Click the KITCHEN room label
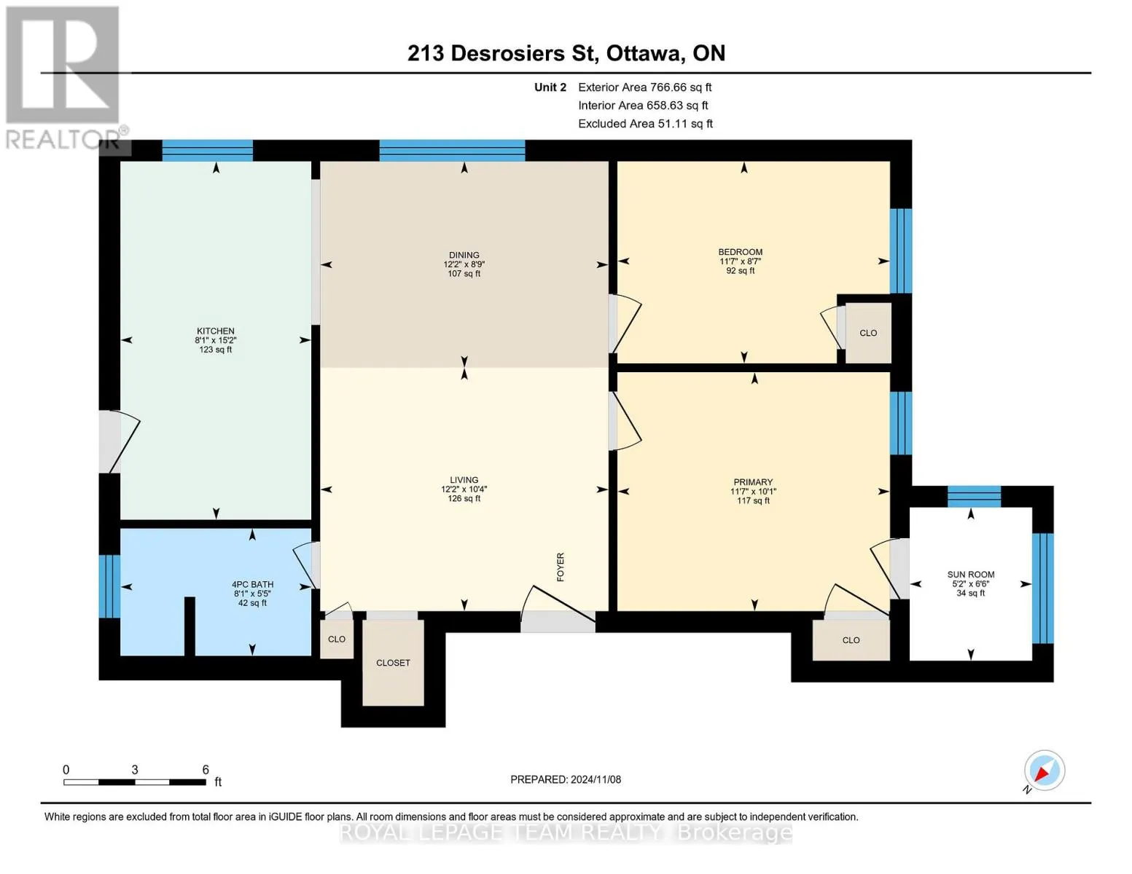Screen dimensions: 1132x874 click(215, 331)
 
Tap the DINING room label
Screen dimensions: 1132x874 click(464, 255)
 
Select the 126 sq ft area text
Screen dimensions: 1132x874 click(464, 498)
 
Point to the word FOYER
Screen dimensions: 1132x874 click(561, 567)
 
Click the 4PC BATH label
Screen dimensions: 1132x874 click(253, 585)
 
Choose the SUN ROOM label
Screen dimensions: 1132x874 click(970, 575)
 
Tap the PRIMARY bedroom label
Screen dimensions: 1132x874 click(753, 482)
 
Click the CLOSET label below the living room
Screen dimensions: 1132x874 click(393, 663)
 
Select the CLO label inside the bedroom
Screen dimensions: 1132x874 click(868, 333)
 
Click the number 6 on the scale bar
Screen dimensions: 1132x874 click(206, 769)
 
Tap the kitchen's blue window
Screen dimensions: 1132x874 click(207, 151)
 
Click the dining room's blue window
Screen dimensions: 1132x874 click(452, 151)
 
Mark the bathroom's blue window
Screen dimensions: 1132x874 click(109, 586)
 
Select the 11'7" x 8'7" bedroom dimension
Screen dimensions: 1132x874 click(741, 261)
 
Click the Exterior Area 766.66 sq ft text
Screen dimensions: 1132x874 click(644, 87)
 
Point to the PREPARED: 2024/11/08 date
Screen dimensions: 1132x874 click(565, 779)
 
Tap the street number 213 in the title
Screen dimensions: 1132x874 click(426, 53)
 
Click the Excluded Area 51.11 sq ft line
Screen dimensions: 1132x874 click(645, 124)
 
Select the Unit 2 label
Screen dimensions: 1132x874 click(550, 87)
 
